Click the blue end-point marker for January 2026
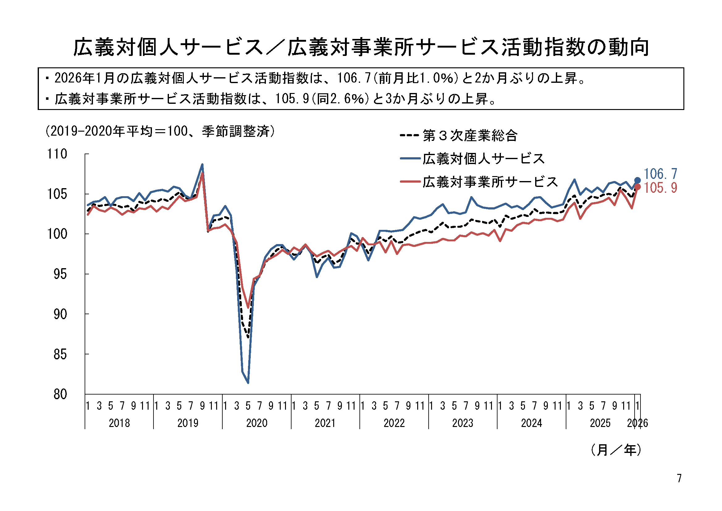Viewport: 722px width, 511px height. [637, 180]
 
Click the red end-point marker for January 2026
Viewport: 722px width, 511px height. [637, 187]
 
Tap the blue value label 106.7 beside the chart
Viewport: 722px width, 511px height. [660, 174]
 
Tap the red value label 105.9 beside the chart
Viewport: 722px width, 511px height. [660, 188]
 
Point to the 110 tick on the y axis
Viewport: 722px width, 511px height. [57, 154]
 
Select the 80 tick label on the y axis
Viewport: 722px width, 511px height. [60, 394]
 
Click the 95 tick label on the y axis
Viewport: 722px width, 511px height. [60, 274]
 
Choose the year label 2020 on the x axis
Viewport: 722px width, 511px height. [257, 423]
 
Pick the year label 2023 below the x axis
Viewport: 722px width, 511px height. [463, 423]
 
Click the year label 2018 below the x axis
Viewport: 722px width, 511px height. [119, 423]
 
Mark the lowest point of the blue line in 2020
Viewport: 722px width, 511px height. [248, 382]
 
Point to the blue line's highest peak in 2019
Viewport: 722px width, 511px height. [202, 164]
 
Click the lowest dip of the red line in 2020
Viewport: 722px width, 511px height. [248, 307]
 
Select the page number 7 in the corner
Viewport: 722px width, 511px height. [679, 478]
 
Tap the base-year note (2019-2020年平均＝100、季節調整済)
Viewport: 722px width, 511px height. [160, 131]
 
